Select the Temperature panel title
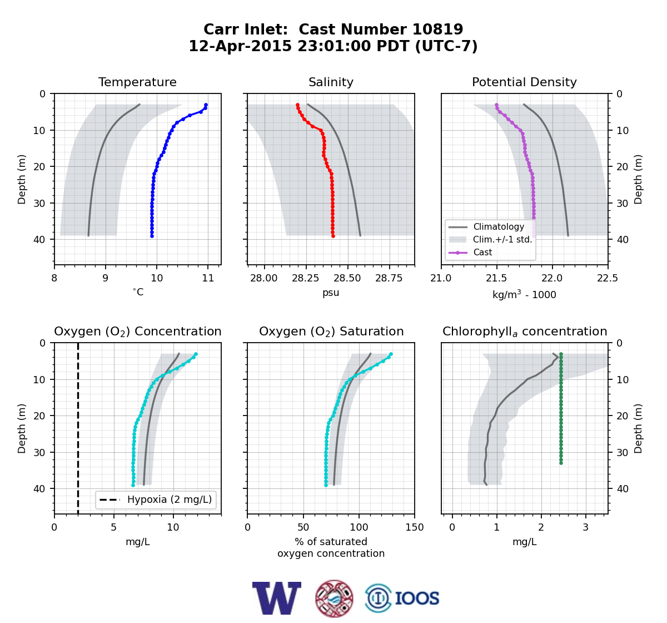137,82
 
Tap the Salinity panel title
331,82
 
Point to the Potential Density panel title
524,82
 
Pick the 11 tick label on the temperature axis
208,278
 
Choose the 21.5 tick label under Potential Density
496,278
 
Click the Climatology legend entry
499,226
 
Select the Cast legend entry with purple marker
482,252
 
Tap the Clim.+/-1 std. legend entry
502,239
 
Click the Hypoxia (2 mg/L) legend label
170,500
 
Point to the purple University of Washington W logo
277,598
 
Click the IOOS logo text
417,599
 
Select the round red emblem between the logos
334,599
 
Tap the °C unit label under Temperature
138,292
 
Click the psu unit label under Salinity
331,293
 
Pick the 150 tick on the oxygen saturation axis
415,527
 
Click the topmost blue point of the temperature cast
206,105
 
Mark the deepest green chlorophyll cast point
561,463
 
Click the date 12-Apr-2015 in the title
240,46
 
